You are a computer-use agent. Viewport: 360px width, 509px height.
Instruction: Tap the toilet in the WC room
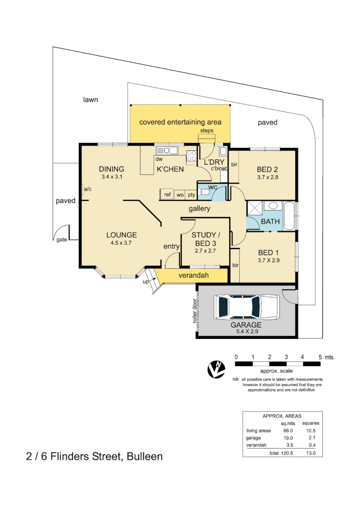[203, 192]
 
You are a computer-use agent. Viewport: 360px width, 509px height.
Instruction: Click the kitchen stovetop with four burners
[191, 156]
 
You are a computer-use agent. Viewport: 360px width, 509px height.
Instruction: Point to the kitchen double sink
[166, 150]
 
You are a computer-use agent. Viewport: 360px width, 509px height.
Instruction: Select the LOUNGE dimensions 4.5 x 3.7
[121, 243]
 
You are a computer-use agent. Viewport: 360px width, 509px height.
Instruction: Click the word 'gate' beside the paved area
[62, 239]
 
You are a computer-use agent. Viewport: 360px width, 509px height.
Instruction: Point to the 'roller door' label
[194, 311]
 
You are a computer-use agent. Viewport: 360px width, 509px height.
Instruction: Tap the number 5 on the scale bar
[320, 357]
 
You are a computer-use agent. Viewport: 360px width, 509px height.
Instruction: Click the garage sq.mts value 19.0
[287, 438]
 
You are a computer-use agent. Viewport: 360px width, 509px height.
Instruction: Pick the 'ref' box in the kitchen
[167, 194]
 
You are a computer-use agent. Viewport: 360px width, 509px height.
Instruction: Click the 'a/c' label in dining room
[88, 189]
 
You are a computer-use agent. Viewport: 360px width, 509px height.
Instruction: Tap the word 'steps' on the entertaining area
[207, 131]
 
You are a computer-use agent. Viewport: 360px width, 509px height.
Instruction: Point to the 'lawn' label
[90, 100]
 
